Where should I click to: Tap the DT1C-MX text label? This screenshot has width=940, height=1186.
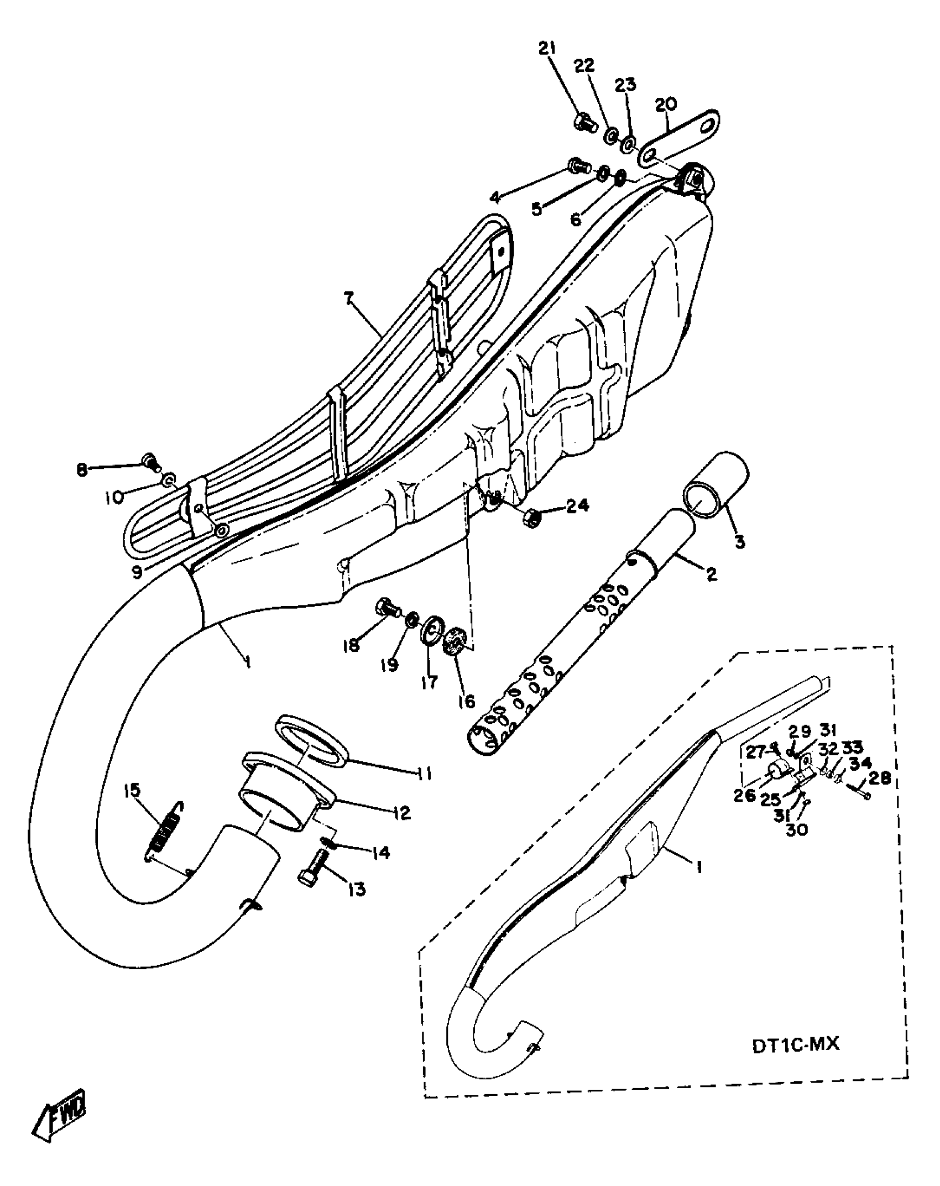(796, 1044)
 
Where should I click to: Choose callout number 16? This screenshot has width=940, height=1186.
(466, 702)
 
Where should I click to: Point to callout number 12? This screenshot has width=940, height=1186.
(402, 812)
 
